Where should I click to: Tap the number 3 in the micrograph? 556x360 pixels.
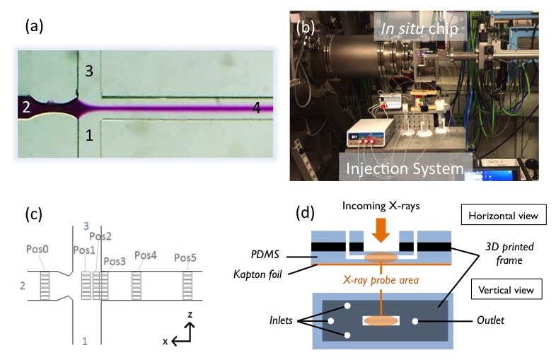(88, 71)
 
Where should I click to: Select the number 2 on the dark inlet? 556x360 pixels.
(25, 108)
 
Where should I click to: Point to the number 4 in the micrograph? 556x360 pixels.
(258, 108)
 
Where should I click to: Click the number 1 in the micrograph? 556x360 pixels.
(89, 134)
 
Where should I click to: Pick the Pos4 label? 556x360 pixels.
(145, 255)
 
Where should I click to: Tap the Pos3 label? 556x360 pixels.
(115, 261)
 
